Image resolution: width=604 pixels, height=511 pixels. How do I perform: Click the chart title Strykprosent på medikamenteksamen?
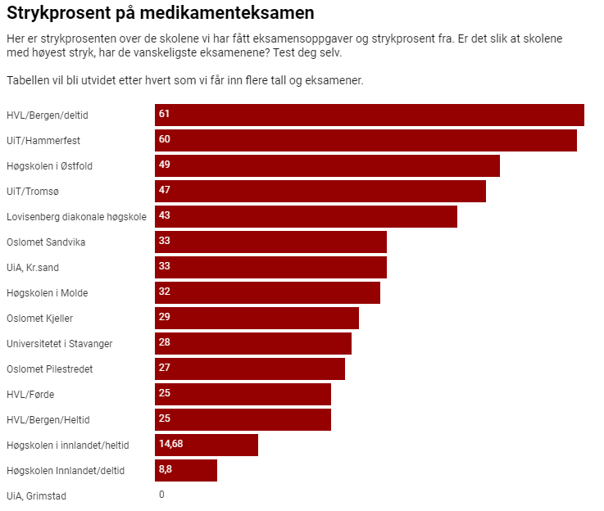161,14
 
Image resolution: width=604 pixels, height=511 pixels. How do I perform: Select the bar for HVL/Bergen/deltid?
369,115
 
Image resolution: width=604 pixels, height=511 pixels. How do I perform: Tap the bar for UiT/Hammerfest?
366,140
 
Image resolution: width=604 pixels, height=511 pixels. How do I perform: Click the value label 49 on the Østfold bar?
164,165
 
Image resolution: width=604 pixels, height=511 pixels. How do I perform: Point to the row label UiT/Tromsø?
33,191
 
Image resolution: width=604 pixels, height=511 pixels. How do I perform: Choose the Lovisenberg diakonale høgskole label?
76,216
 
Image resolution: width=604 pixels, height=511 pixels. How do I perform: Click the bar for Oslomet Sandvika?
270,242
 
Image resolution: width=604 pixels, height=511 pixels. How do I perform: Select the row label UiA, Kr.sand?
32,267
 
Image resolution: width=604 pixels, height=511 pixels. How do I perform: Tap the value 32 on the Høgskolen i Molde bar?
164,292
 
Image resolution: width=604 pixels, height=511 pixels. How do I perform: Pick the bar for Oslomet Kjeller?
257,318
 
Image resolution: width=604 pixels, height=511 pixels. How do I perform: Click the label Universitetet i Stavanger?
59,343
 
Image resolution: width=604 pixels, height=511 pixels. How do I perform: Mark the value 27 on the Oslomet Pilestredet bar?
164,368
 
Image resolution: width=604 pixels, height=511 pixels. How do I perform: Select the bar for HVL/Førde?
243,394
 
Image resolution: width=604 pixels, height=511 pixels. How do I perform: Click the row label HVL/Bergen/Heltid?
48,419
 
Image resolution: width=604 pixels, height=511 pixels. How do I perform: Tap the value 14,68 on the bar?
170,444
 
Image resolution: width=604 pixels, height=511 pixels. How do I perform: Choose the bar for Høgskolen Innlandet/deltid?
186,470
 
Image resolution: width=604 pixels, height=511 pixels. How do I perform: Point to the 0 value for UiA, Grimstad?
161,495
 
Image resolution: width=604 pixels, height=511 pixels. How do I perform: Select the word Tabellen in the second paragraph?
26,80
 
